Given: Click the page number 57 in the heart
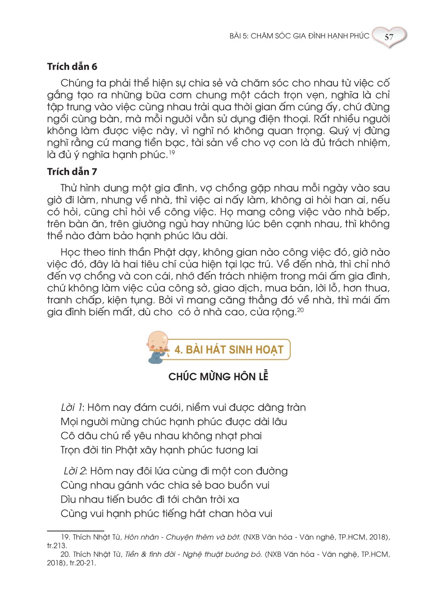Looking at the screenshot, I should click(389, 37).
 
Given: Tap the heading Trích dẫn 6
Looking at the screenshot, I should click(72, 66).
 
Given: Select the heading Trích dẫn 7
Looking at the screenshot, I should click(72, 172).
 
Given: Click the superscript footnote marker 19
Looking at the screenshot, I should click(172, 152).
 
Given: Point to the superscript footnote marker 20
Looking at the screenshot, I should click(300, 310).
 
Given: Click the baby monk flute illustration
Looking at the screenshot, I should click(158, 347).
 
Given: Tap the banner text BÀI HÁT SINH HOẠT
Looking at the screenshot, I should click(229, 350).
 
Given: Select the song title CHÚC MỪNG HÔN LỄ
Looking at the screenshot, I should click(218, 377).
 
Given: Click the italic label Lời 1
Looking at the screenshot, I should click(72, 407).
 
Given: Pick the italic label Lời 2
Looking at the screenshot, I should click(74, 471).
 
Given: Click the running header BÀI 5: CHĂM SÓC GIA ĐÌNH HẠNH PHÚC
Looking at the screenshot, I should click(299, 36).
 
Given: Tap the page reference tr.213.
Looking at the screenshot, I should click(57, 546).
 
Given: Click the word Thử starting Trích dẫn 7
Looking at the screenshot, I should click(69, 188).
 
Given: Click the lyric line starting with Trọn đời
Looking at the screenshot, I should click(159, 450).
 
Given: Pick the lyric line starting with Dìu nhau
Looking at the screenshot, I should click(150, 499).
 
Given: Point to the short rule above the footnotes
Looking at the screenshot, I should click(75, 531).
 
